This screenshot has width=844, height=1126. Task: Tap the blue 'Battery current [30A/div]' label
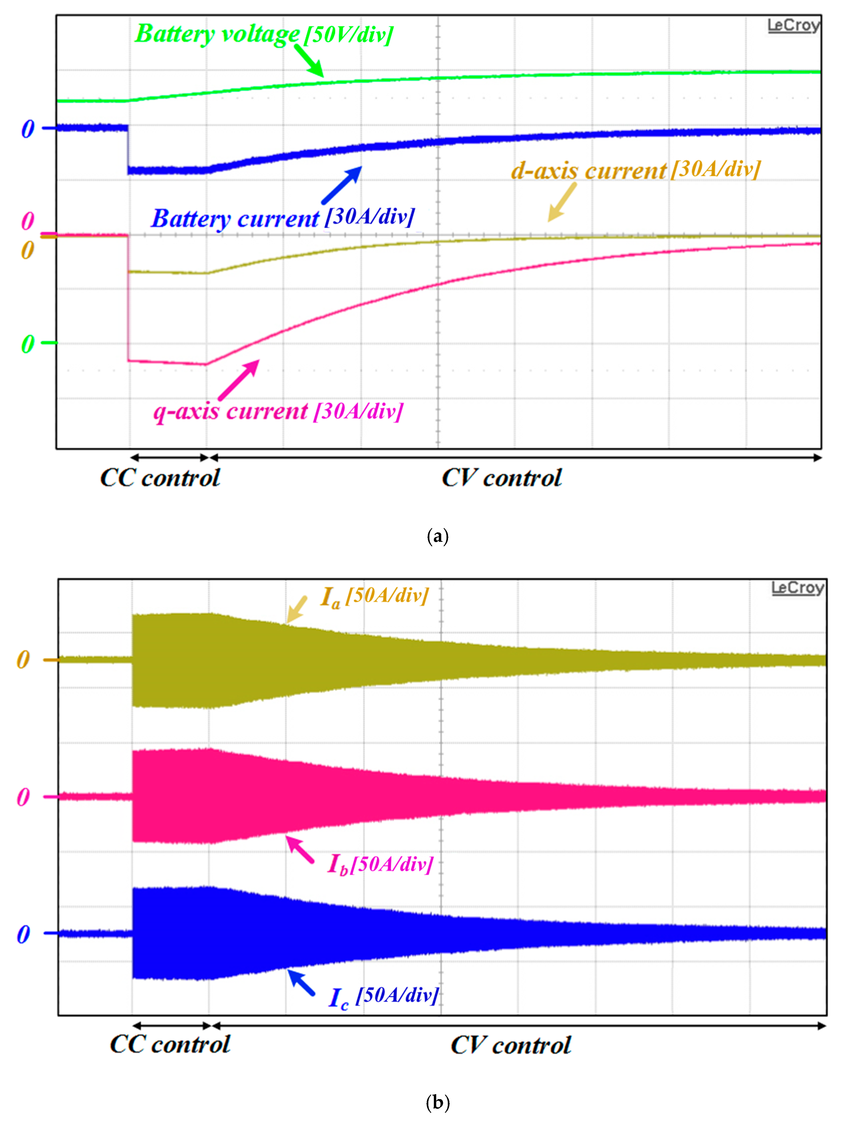(283, 218)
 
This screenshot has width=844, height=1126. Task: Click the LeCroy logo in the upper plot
(793, 25)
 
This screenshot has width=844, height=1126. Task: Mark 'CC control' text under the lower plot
(170, 1045)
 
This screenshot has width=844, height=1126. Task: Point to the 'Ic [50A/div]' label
(384, 996)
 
